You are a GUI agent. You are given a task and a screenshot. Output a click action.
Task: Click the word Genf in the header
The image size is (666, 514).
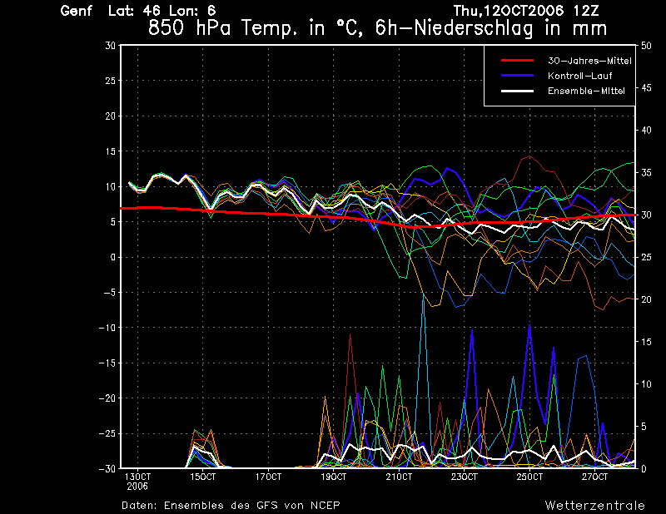tap(77, 12)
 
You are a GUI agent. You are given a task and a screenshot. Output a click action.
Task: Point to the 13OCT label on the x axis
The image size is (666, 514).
tap(137, 477)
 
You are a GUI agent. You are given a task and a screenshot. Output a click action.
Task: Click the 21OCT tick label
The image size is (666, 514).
tap(399, 477)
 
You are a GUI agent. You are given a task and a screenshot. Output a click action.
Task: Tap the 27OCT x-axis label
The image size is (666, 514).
tap(594, 477)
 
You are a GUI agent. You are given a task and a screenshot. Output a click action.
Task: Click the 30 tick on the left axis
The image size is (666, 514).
tap(110, 46)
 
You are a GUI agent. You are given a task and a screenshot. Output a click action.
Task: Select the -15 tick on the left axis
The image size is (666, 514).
tap(106, 363)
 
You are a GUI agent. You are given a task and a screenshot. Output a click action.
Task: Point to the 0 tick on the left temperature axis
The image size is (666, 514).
tap(112, 257)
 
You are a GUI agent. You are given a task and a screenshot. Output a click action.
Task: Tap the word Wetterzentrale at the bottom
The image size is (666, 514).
tap(595, 505)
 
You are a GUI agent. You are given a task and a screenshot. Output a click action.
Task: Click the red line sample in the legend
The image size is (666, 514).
tap(516, 61)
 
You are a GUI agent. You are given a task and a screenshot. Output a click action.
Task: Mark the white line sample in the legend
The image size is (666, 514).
tap(516, 91)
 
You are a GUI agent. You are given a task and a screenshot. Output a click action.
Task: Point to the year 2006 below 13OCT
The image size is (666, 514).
tap(137, 486)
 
